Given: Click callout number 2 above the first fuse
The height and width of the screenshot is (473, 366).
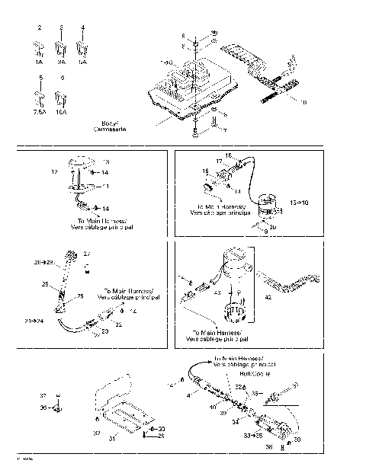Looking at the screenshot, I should pyautogui.click(x=39, y=27).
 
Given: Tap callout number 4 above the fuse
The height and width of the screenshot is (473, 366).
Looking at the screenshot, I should pyautogui.click(x=83, y=27).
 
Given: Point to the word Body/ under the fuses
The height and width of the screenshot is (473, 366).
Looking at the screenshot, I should pyautogui.click(x=111, y=123).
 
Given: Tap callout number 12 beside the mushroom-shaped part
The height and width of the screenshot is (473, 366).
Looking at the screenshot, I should pyautogui.click(x=55, y=173).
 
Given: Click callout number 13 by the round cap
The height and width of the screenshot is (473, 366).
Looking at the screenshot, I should pyautogui.click(x=106, y=162).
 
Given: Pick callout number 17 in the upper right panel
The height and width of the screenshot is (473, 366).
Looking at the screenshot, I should pyautogui.click(x=218, y=161).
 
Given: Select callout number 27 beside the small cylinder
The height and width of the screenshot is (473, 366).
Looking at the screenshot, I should pyautogui.click(x=86, y=254).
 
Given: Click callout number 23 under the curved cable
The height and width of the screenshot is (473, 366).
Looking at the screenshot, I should pyautogui.click(x=107, y=333).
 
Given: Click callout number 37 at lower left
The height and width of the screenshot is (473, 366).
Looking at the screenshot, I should pyautogui.click(x=43, y=396).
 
